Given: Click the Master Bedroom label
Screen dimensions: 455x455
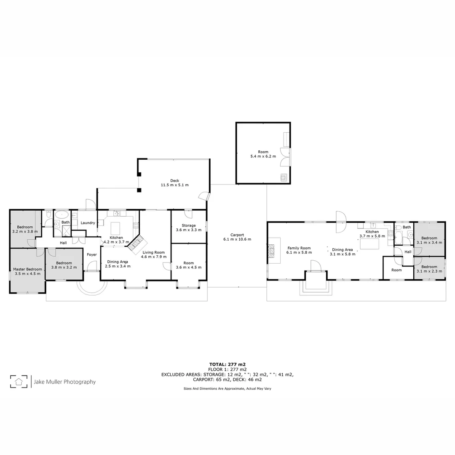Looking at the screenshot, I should pyautogui.click(x=27, y=269).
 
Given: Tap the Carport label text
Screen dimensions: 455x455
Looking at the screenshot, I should pyautogui.click(x=237, y=235).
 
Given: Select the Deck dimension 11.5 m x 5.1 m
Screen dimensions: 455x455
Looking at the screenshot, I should pyautogui.click(x=174, y=185).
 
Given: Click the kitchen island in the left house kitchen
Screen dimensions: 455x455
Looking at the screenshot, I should pyautogui.click(x=115, y=229).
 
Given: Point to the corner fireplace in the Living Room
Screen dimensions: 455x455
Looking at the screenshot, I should pyautogui.click(x=137, y=245).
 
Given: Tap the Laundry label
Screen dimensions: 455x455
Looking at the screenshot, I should pyautogui.click(x=88, y=223).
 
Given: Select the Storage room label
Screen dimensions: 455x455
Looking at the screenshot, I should pyautogui.click(x=188, y=225).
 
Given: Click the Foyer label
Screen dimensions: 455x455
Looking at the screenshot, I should pyautogui.click(x=92, y=254).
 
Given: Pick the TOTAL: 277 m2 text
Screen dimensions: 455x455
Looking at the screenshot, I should pyautogui.click(x=227, y=364).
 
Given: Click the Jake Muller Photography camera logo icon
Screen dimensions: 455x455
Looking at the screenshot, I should pyautogui.click(x=19, y=382).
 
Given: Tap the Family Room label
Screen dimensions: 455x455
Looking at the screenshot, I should pyautogui.click(x=299, y=248).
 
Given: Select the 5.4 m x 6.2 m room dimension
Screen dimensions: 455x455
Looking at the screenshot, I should pyautogui.click(x=263, y=156).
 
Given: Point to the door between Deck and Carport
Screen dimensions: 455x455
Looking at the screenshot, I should pyautogui.click(x=205, y=196).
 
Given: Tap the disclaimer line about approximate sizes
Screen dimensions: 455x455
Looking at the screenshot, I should pyautogui.click(x=227, y=388).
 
